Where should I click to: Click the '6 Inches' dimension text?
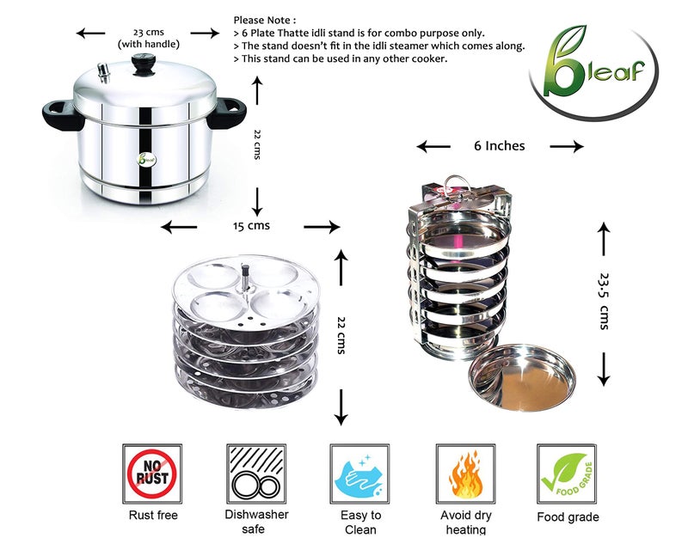coord(500,146)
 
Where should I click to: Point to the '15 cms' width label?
coord(251,226)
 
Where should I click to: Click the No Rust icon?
coord(153,474)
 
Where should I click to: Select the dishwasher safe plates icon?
coord(255,474)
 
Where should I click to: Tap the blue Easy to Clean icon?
coord(359,474)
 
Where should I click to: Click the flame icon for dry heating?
coord(465,474)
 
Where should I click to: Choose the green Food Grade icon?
coord(567,474)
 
